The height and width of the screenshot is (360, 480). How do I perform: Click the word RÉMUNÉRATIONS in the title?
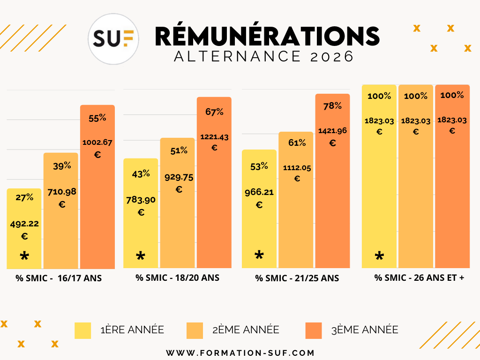tap(267, 36)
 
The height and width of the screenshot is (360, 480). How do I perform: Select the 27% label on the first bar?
tap(24, 197)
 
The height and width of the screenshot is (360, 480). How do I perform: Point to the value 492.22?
tap(24, 224)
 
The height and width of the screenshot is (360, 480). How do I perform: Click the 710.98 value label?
tap(62, 192)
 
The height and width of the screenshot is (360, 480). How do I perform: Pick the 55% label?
tap(97, 118)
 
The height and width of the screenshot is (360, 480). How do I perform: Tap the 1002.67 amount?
tap(97, 142)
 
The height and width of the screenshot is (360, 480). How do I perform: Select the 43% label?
tap(141, 173)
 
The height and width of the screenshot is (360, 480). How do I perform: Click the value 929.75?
tap(179, 178)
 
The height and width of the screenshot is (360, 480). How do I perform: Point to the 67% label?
tap(214, 112)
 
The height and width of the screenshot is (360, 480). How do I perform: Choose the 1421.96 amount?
tap(332, 131)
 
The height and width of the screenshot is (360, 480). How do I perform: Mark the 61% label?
tap(297, 142)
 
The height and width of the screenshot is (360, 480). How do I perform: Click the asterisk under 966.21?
tap(259, 255)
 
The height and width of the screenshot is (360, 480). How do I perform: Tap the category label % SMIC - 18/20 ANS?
tap(177, 277)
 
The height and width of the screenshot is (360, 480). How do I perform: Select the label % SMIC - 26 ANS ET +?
tap(419, 277)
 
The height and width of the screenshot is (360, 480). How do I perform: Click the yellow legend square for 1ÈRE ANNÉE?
tap(83, 330)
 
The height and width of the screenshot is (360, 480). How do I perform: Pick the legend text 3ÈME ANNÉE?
tap(365, 330)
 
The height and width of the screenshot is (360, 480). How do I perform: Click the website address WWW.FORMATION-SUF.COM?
tap(240, 352)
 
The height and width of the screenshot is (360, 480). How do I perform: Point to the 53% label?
tap(259, 166)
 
